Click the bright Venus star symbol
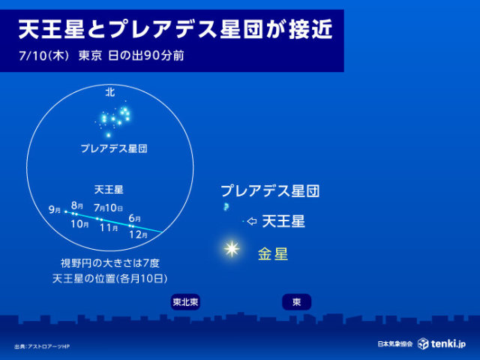[x=232, y=248]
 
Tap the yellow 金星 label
[x=273, y=254]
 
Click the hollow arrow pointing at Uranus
[x=252, y=221]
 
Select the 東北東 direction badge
[x=185, y=302]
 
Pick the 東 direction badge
[x=297, y=302]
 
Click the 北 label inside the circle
[x=110, y=91]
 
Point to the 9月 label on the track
[x=55, y=210]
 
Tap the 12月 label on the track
[x=138, y=235]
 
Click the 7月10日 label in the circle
[x=108, y=208]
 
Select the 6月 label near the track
[x=135, y=218]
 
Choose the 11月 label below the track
[x=109, y=228]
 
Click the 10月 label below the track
[x=79, y=224]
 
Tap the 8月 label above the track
[x=76, y=205]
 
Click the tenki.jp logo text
[x=448, y=343]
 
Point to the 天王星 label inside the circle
[x=109, y=190]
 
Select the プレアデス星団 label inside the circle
[x=114, y=148]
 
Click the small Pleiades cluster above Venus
[x=226, y=207]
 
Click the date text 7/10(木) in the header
[x=43, y=56]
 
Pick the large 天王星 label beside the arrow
[x=283, y=221]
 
